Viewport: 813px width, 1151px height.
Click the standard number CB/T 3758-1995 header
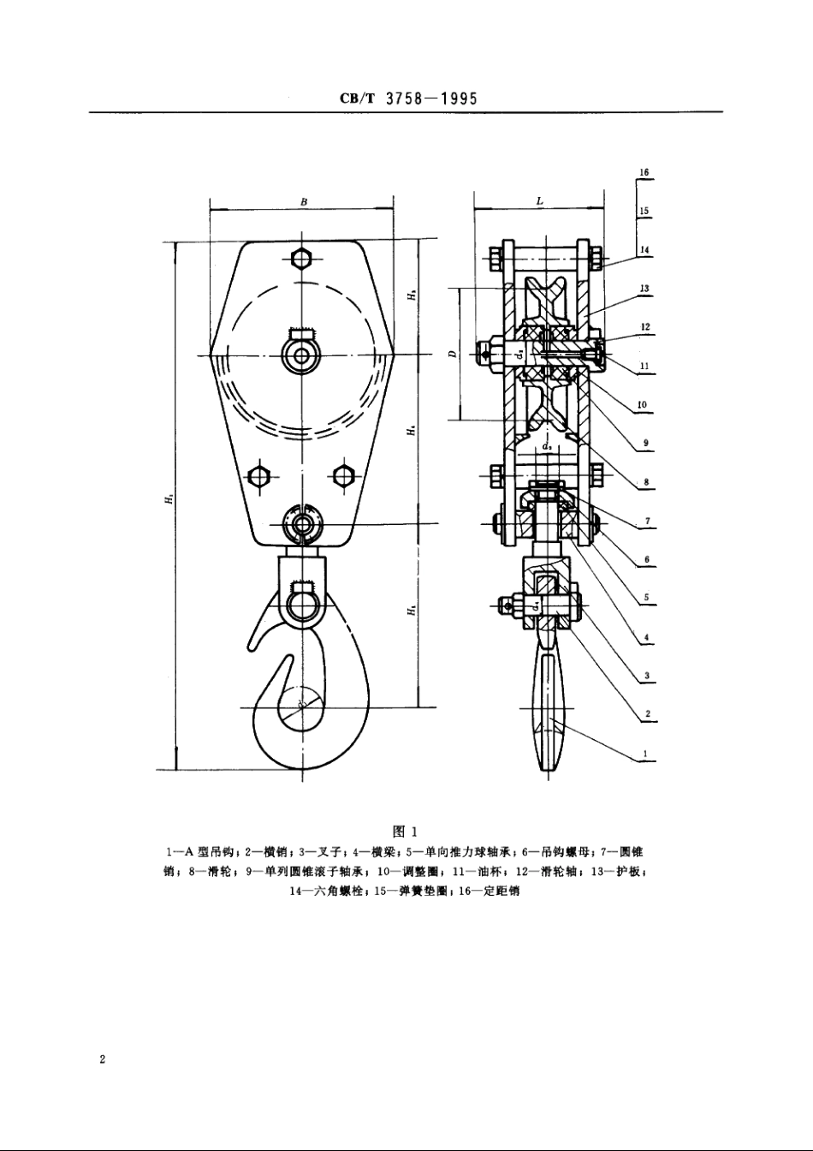click(x=407, y=98)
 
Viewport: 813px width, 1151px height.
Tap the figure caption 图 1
click(x=403, y=831)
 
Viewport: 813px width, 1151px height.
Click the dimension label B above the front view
click(x=304, y=202)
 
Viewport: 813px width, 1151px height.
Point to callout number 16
click(x=644, y=172)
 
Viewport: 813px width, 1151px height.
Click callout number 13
click(x=644, y=289)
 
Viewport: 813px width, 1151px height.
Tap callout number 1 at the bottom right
click(x=644, y=755)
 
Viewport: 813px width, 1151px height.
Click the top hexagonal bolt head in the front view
click(x=303, y=259)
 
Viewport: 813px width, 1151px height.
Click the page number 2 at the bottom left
click(x=102, y=1060)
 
